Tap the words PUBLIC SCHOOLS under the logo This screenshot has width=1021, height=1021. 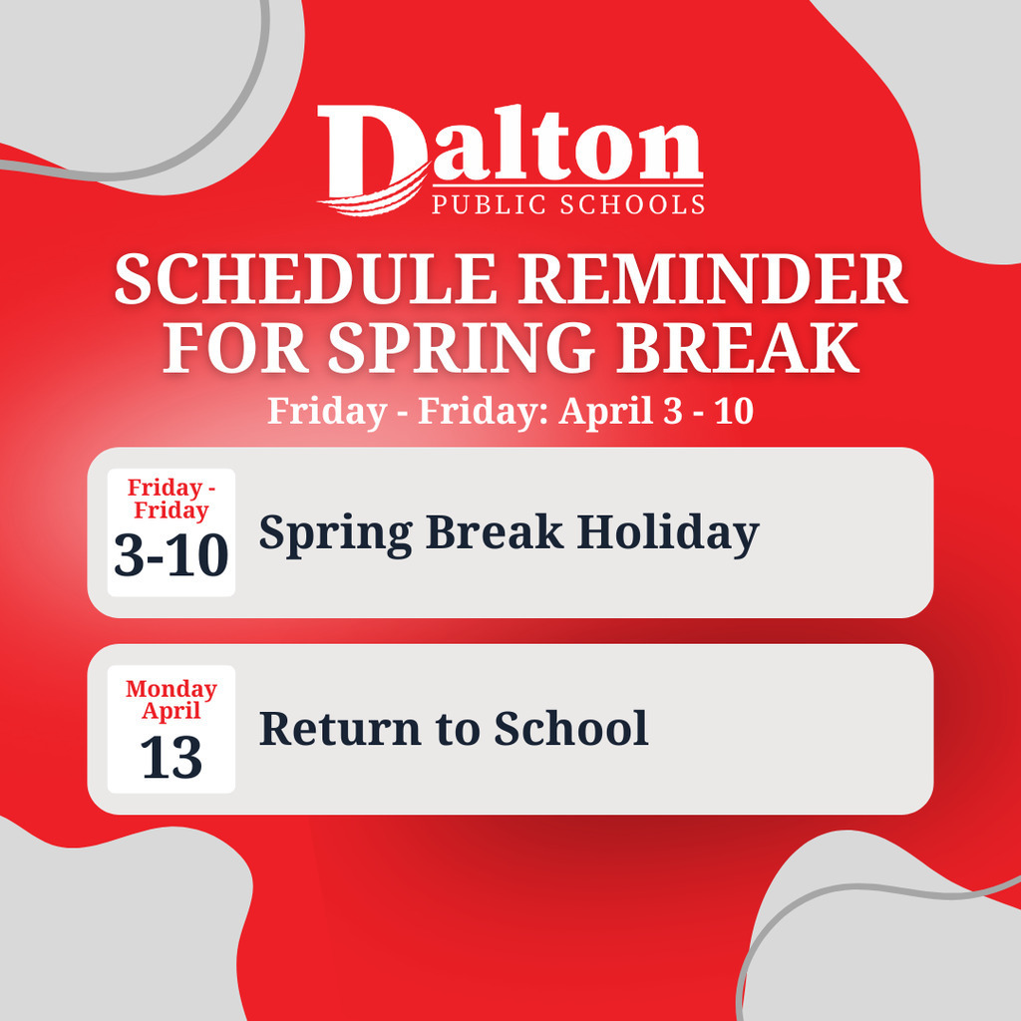[567, 204]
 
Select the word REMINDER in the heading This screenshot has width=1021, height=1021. [714, 282]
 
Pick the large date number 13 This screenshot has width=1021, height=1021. [171, 758]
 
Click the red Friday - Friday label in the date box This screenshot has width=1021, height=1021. [171, 499]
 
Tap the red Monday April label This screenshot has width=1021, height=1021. [171, 700]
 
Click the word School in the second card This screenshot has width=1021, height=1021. [571, 729]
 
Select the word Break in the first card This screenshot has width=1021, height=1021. [494, 532]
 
